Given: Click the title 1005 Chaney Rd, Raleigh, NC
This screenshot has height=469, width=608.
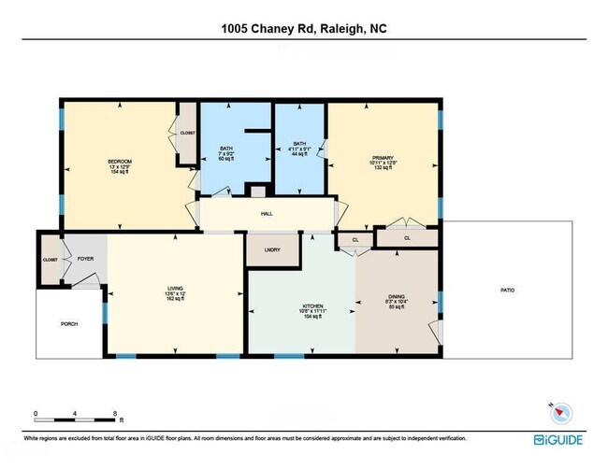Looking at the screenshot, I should point(304,29).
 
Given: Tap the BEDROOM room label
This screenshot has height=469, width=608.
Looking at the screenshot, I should point(119,162).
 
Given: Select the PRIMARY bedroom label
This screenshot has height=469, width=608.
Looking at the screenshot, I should point(384,157).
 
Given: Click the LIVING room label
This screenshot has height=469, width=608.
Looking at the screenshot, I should point(176,289).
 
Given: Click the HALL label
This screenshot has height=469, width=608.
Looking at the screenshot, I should point(266,214).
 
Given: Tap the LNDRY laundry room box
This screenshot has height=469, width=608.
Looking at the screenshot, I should point(272,250).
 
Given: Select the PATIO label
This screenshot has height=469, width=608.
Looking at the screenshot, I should point(507,290).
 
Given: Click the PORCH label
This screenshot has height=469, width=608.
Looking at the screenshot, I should point(69,323).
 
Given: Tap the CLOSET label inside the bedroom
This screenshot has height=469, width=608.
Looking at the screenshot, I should point(187,133).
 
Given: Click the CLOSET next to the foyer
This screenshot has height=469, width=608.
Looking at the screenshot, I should point(50,259).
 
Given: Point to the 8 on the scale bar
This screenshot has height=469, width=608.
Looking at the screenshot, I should point(114,412).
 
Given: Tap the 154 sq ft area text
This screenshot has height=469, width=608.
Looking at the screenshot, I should point(119,172).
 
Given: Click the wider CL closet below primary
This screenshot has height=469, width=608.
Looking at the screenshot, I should point(406,238).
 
